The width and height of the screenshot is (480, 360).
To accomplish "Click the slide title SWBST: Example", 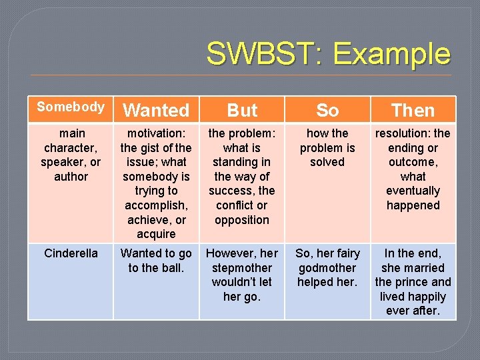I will pos(328,54).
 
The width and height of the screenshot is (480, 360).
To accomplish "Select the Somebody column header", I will pos(71,107).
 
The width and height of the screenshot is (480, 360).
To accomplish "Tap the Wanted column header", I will pos(157,110).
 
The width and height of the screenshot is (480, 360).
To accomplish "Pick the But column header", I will pos(242,110).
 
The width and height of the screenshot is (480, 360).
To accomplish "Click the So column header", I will pos(327,110).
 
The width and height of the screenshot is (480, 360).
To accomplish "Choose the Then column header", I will pos(413,110).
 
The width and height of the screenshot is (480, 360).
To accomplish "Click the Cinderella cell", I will pos(71,253).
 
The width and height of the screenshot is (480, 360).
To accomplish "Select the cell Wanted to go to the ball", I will pos(156,261).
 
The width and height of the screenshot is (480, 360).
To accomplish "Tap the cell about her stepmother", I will pos(241,275).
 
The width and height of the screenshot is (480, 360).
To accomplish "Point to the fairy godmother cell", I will pos(327,267).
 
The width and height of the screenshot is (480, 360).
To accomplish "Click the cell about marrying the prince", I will pos(413,281).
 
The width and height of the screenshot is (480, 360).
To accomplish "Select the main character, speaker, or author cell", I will pos(71,155).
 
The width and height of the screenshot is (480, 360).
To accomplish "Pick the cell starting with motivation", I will pos(156,183).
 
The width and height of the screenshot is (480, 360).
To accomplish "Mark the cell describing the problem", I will pos(241,176).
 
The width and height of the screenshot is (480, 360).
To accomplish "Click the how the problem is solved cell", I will pos(327,147).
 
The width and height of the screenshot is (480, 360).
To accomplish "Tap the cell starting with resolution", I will pos(413,169).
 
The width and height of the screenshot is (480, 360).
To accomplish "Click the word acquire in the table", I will pos(156,234).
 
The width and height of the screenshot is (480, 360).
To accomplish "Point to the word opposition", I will pos(241,220).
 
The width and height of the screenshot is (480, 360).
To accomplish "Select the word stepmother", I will pos(241,267).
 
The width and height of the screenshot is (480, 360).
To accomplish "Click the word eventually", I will pos(413,191).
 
